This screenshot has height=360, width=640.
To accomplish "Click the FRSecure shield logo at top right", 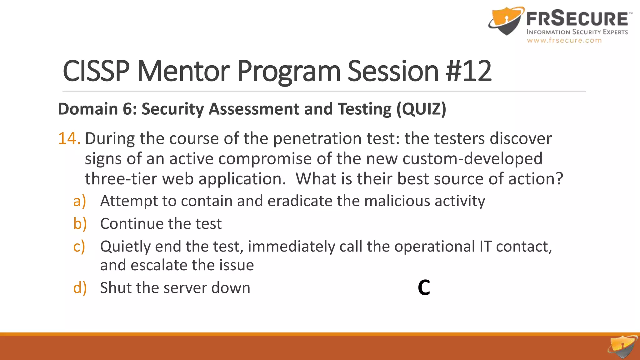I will [506, 21].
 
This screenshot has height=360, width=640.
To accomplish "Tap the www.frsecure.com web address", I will [564, 40].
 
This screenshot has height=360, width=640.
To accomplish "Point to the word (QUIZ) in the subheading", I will [421, 109].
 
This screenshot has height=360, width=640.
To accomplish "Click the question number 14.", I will [69, 138].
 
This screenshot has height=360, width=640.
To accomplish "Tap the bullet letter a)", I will [79, 201].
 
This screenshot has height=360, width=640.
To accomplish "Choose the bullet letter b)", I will [80, 224].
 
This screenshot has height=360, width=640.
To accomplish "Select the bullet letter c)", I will [79, 247].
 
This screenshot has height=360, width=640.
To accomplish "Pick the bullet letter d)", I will [80, 288].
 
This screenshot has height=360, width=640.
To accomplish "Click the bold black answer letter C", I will [424, 287].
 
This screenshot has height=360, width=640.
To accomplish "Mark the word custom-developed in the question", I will [472, 159].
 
